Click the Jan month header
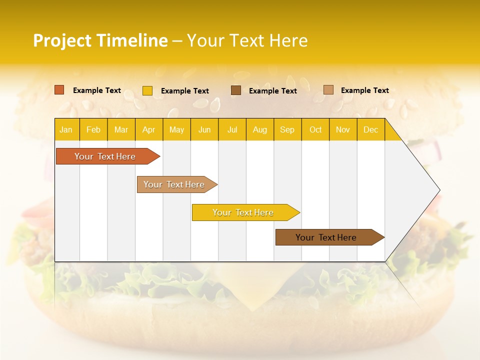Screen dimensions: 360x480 pyautogui.click(x=66, y=129)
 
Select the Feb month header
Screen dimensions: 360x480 pyautogui.click(x=93, y=129)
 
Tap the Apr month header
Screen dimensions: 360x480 pyautogui.click(x=149, y=129)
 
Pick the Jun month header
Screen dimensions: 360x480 pyautogui.click(x=204, y=129)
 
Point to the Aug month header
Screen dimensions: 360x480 pyautogui.click(x=260, y=129)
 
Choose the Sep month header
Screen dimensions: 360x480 pyautogui.click(x=287, y=129)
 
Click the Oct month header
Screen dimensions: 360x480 pyautogui.click(x=315, y=129)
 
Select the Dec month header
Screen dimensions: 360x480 pyautogui.click(x=371, y=129)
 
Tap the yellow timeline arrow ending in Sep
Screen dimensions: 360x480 pyautogui.click(x=243, y=212)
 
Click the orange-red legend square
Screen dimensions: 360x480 pyautogui.click(x=59, y=90)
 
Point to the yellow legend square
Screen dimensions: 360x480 pyautogui.click(x=147, y=90)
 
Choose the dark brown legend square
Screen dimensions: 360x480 pyautogui.click(x=236, y=90)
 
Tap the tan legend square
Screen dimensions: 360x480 pyautogui.click(x=328, y=90)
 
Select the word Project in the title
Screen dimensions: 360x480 pyautogui.click(x=62, y=40)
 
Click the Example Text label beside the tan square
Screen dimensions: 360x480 pyautogui.click(x=365, y=90)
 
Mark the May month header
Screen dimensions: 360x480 pyautogui.click(x=176, y=129)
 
